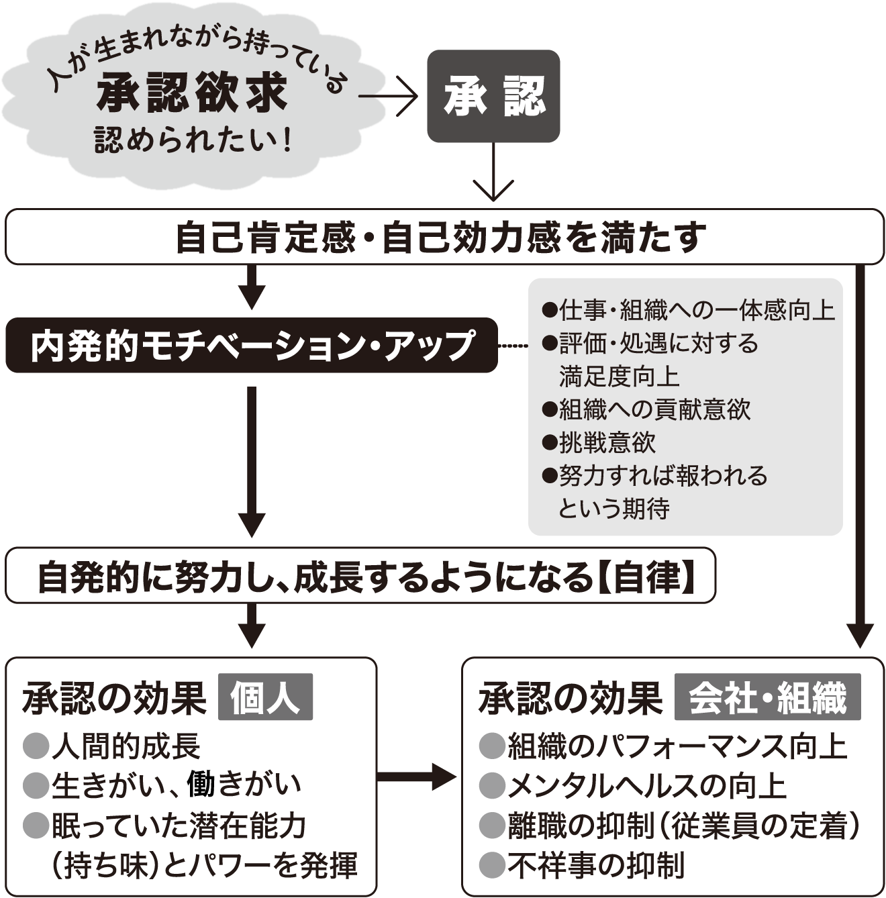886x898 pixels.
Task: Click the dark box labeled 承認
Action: point(493,96)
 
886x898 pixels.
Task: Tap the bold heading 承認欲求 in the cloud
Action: point(192,93)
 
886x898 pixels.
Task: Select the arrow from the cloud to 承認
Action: point(388,97)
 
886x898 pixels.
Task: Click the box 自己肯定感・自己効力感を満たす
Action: point(444,236)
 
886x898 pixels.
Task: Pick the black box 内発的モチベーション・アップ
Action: point(252,346)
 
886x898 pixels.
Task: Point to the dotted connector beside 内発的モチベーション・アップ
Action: point(513,346)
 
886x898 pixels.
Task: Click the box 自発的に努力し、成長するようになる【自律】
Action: point(360,576)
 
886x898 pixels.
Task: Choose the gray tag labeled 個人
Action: point(265,697)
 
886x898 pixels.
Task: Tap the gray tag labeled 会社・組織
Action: point(768,697)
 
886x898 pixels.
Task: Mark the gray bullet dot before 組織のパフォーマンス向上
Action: point(492,746)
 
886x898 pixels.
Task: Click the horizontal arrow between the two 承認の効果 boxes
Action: point(416,777)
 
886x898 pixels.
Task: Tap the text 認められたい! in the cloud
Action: point(193,140)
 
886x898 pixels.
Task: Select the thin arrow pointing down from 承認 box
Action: point(493,172)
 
